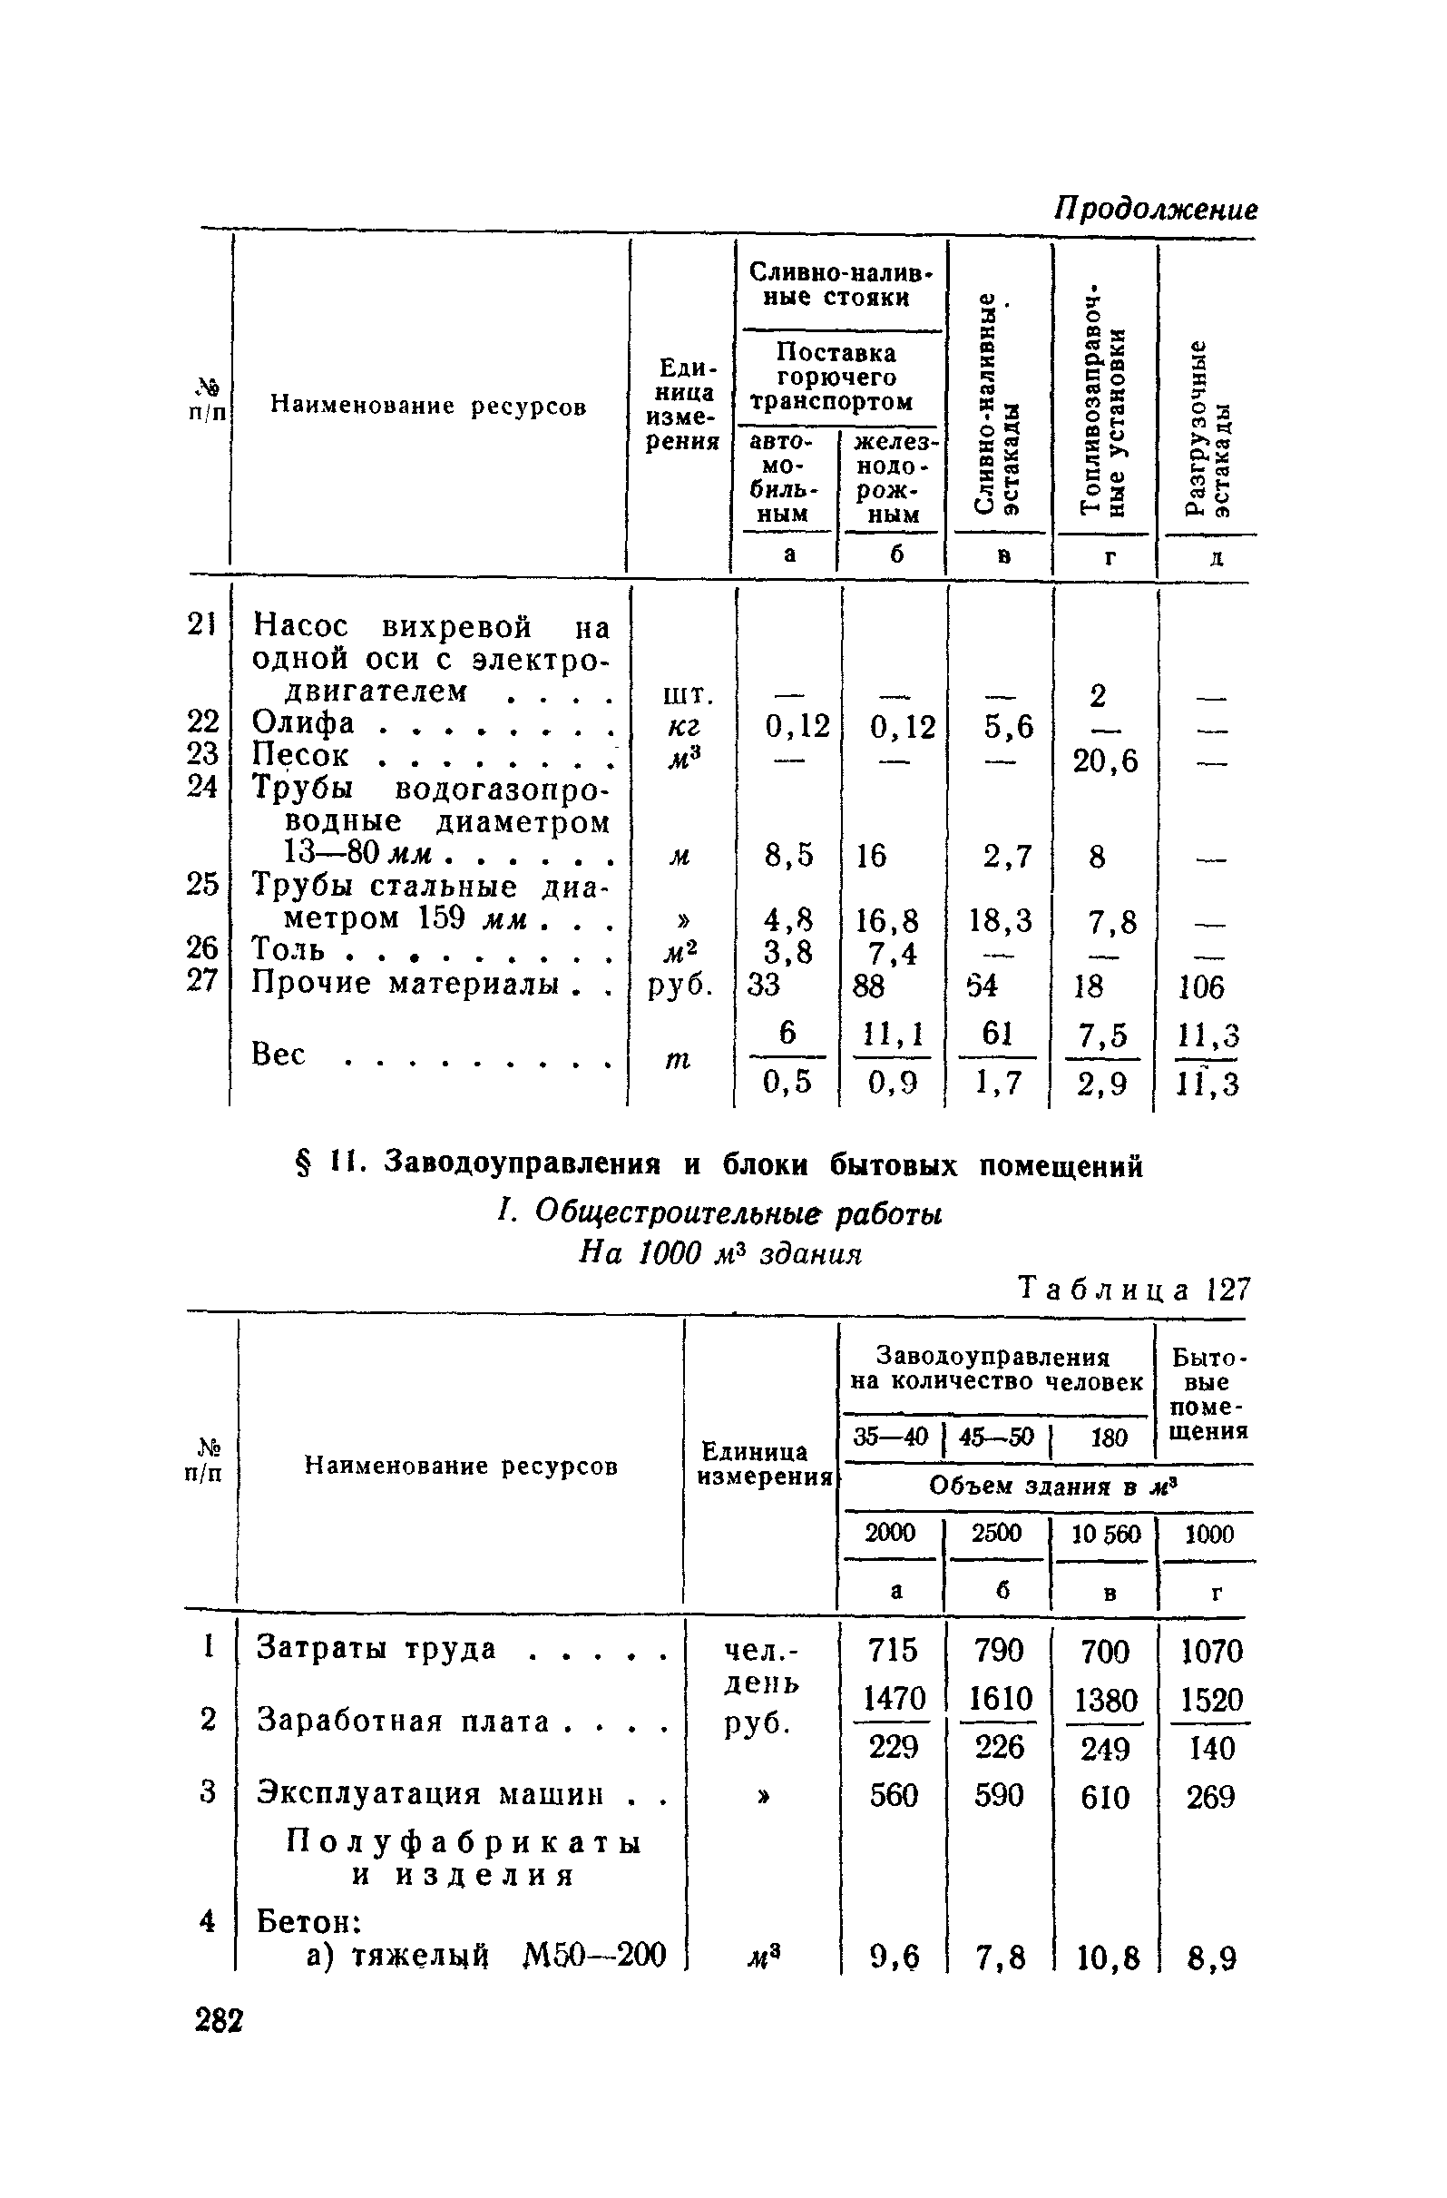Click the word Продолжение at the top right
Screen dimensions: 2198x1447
coord(1155,210)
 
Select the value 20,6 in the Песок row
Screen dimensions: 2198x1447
coord(1105,761)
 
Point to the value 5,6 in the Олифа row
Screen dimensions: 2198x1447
coord(1009,728)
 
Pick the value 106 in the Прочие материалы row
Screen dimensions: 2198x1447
coord(1201,988)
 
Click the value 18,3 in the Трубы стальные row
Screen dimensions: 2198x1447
coord(1000,921)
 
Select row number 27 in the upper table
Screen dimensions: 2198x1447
coord(202,980)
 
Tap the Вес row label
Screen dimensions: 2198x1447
coord(278,1054)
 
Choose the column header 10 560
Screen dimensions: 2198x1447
coord(1105,1534)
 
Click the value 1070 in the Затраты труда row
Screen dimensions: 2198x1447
coord(1211,1651)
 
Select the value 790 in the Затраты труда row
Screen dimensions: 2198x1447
coord(999,1650)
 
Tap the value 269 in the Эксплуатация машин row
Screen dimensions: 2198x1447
coord(1209,1796)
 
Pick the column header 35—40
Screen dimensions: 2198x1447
coord(889,1437)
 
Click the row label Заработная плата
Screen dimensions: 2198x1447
coord(403,1721)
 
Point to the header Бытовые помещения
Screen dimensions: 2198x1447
coord(1207,1394)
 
